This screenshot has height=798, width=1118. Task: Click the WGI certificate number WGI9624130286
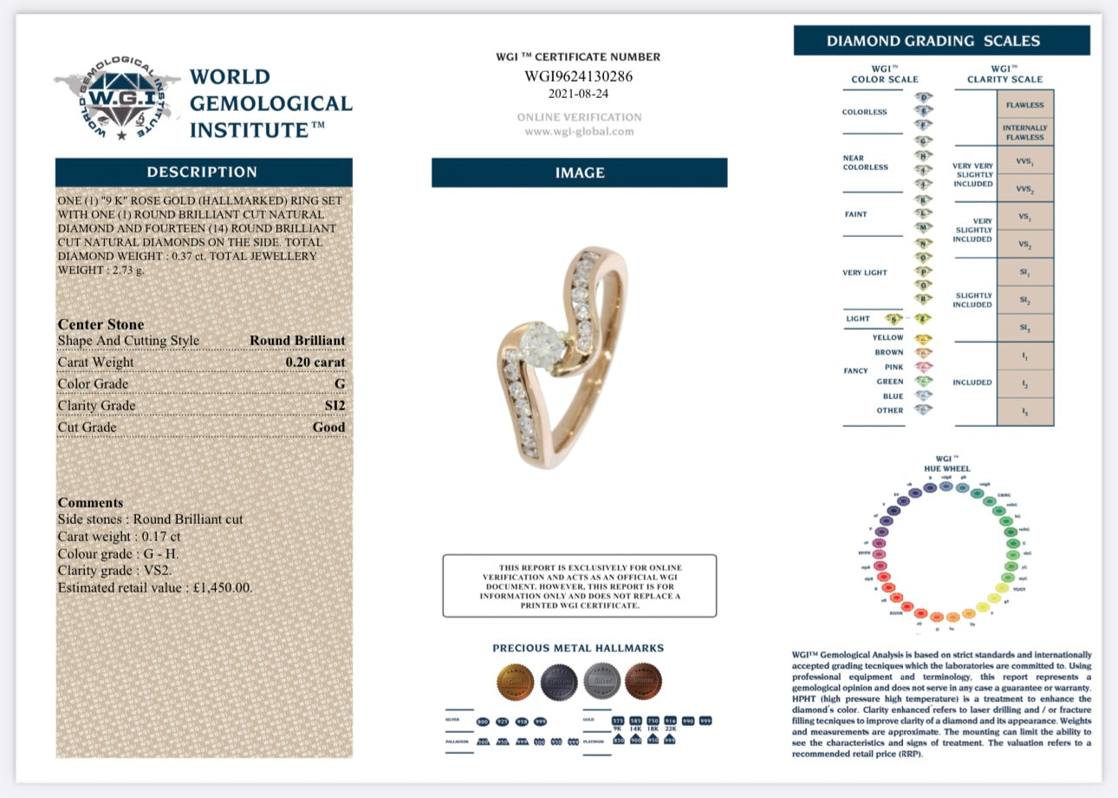pos(578,76)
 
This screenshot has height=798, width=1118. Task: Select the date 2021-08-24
pos(578,94)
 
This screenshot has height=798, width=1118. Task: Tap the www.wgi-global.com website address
pos(579,132)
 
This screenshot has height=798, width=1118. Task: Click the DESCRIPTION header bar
pos(203,172)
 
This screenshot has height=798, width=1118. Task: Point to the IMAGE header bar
pos(579,173)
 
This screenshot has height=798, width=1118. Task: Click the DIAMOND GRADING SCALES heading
pos(941,41)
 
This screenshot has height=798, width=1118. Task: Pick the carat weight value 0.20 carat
pos(315,363)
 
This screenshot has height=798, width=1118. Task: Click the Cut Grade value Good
pos(328,428)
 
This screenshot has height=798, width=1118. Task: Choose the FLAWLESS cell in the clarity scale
pos(1024,105)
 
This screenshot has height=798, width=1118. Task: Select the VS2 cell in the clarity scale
pos(1024,245)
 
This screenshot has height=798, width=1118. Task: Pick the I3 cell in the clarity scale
pos(1024,412)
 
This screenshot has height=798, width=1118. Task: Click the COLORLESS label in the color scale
pos(865,112)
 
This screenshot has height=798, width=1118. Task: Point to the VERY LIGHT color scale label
pos(865,272)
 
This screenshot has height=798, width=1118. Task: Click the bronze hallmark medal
pos(643,681)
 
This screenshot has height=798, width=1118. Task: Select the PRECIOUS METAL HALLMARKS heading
pos(578,648)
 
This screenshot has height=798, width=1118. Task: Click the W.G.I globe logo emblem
pos(118,100)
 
